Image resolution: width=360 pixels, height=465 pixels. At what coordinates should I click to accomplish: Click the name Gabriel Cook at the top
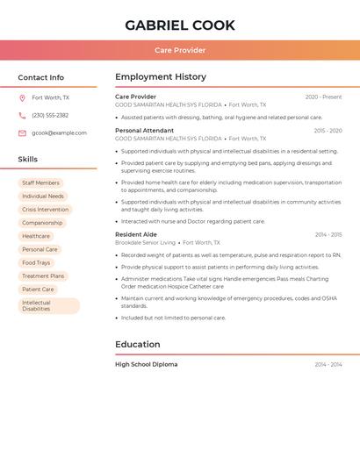tap(180, 25)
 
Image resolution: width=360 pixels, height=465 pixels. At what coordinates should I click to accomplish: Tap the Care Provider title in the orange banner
tap(180, 51)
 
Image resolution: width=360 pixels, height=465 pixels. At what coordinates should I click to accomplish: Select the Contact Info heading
tap(41, 77)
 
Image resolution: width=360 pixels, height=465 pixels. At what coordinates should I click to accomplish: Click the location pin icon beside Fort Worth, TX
tap(22, 97)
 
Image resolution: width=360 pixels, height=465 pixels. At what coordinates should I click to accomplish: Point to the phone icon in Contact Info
tap(22, 115)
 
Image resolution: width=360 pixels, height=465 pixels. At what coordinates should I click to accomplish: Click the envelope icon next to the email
tap(22, 133)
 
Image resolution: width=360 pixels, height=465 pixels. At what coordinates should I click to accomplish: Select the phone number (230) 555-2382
tap(50, 115)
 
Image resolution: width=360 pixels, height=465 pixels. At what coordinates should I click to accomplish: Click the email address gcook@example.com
tap(59, 133)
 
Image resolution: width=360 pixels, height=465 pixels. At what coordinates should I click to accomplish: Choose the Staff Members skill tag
tap(40, 183)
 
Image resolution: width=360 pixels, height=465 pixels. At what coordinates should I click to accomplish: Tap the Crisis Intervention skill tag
tap(45, 210)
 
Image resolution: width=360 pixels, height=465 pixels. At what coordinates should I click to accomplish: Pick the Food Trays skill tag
tap(36, 262)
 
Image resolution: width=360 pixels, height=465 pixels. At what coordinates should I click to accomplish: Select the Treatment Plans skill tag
tap(43, 275)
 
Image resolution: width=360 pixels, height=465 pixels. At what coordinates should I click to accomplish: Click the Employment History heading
tap(161, 76)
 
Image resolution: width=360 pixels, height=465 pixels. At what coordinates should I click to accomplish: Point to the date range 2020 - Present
tap(323, 97)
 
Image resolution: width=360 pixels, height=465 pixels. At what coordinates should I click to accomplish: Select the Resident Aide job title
tap(136, 234)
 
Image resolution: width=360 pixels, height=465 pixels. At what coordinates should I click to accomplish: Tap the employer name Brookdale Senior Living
tap(146, 242)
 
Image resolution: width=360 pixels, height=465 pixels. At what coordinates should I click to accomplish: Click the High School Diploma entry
tap(146, 364)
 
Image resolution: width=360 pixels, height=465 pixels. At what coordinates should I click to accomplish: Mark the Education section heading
tap(138, 344)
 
